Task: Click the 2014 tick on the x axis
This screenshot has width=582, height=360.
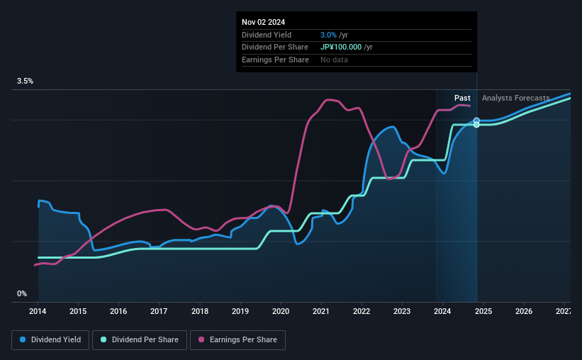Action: click(38, 311)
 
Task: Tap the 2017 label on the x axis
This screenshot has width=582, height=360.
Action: click(159, 311)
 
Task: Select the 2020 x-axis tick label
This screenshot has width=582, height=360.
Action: click(281, 311)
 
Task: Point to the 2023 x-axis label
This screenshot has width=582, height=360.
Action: click(402, 311)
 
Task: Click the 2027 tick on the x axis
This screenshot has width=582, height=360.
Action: click(564, 311)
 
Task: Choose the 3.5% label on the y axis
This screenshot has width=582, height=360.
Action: click(26, 81)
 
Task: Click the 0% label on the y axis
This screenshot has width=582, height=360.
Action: click(22, 293)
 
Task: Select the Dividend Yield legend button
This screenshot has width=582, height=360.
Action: click(50, 340)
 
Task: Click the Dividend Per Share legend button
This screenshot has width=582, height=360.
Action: click(140, 340)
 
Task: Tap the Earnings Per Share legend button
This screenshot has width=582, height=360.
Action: click(237, 340)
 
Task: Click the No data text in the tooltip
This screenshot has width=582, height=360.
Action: click(334, 60)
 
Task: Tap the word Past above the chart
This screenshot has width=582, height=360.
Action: click(462, 98)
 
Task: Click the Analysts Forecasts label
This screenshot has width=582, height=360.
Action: click(515, 98)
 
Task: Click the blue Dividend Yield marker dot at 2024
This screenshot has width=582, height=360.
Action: click(476, 120)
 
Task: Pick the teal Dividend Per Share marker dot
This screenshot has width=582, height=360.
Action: click(476, 125)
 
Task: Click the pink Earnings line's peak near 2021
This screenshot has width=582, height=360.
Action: click(328, 100)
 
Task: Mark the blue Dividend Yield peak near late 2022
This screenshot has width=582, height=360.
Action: click(391, 127)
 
